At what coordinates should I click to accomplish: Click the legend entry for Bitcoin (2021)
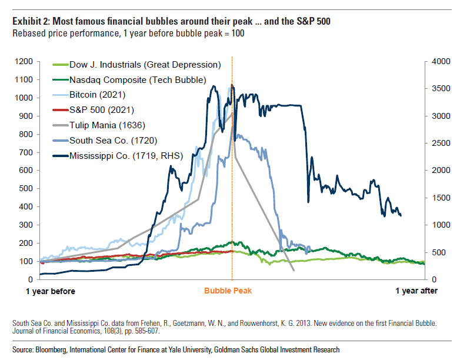(97, 94)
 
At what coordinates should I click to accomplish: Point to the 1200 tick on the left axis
(24, 61)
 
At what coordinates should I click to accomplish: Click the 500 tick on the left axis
(26, 188)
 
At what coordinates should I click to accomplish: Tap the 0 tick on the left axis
(30, 279)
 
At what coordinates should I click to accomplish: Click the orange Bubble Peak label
(232, 291)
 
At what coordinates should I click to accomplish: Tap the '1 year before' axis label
(51, 291)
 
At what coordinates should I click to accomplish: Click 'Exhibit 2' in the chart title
(29, 22)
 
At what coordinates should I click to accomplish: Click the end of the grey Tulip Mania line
(294, 271)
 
